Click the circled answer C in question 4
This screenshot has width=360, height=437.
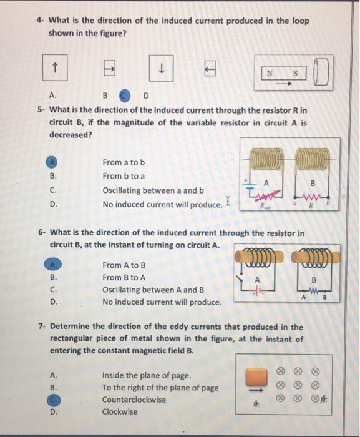124,96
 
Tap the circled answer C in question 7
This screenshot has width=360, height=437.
53,400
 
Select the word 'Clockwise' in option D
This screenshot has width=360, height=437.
120,412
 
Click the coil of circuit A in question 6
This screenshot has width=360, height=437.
258,258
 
